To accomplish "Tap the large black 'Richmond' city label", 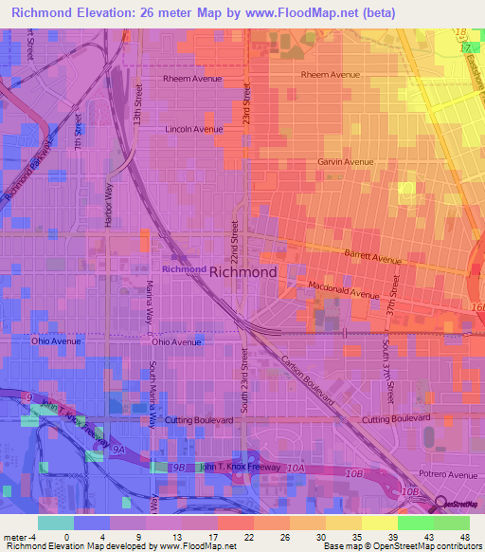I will click(x=242, y=272).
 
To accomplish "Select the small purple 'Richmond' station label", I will click(x=184, y=269).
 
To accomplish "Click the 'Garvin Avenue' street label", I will click(x=346, y=162).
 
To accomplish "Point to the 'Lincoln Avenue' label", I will click(x=193, y=129).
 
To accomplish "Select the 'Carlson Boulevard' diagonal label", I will click(x=308, y=382).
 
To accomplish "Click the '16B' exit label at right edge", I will click(x=477, y=308).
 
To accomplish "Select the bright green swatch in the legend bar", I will click(x=415, y=523).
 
